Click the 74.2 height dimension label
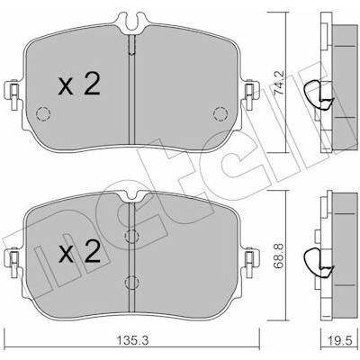tap(280, 83)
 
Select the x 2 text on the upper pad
tap(79, 85)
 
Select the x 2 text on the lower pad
tap(79, 251)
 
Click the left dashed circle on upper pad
tap(43, 114)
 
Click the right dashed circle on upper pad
tap(220, 114)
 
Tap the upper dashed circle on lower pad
tap(131, 237)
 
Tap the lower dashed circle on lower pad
tap(131, 282)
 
